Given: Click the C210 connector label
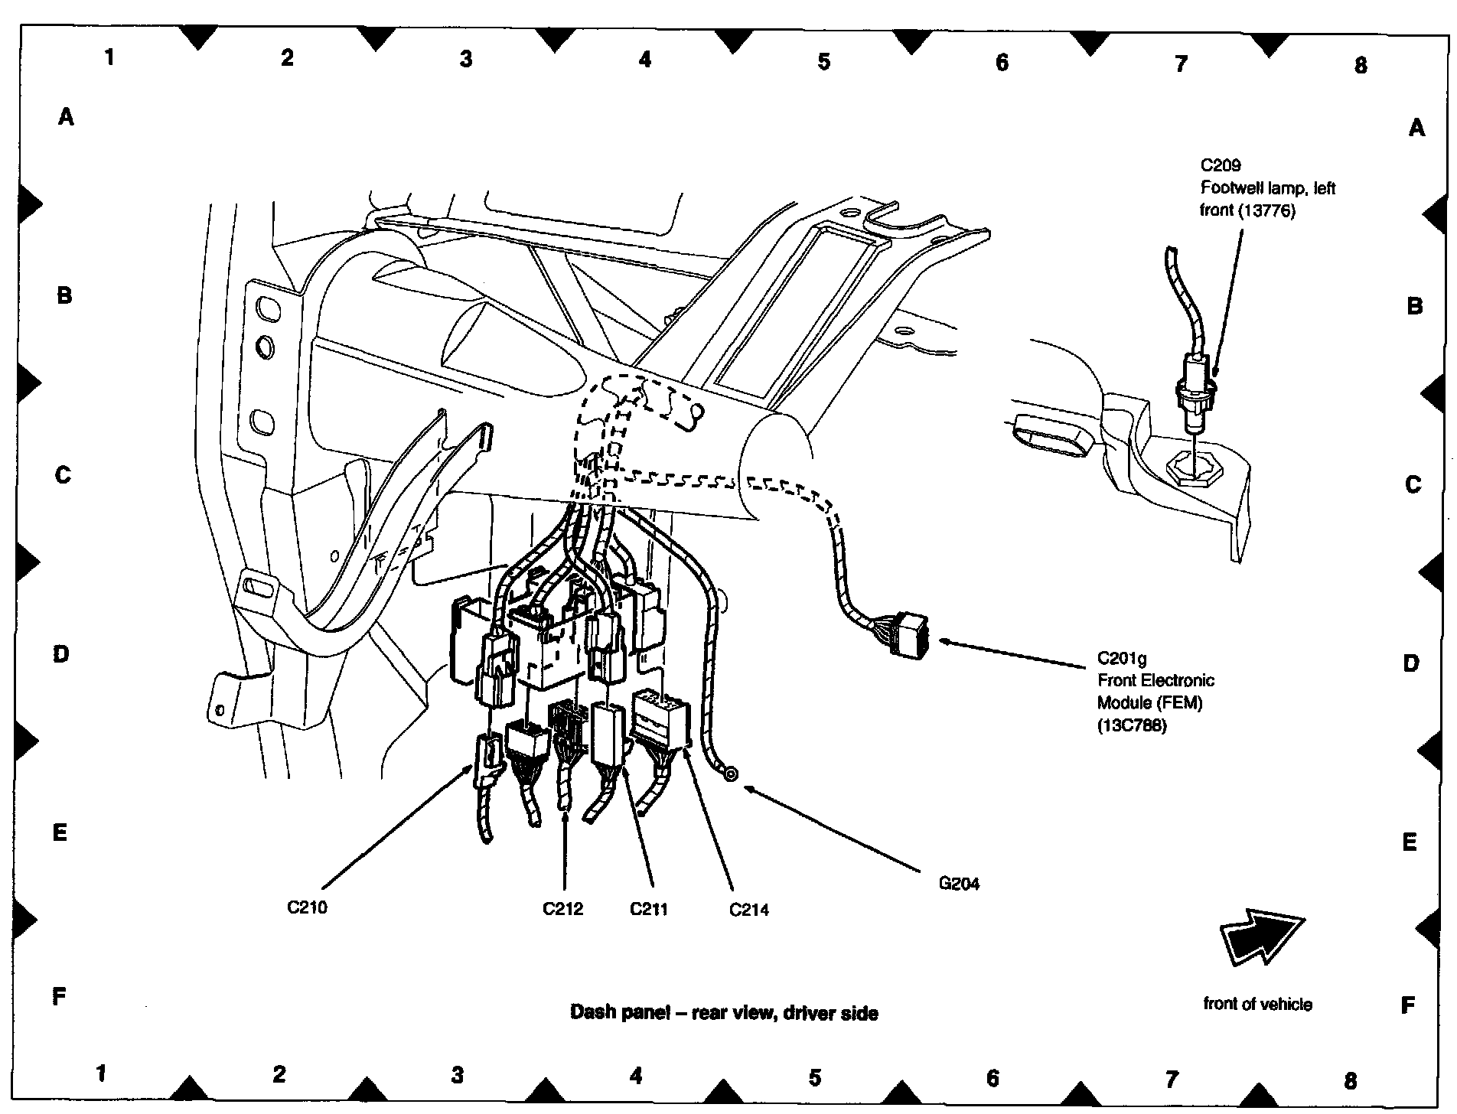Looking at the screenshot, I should tap(307, 907).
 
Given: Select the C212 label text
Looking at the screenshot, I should tap(562, 909).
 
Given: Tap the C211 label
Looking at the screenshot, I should tap(649, 909).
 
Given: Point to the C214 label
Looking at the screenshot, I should tap(748, 910).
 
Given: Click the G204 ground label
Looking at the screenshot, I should tap(959, 884).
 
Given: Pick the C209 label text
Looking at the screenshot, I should tap(1220, 165).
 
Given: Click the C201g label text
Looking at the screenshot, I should tap(1122, 659).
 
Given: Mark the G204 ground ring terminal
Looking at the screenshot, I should tap(731, 775).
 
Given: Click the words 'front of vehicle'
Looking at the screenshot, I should tap(1257, 1004).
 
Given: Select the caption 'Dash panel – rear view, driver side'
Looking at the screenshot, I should tap(724, 1013).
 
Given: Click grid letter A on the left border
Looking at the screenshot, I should tap(67, 116).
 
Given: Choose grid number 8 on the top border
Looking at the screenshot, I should tap(1360, 65).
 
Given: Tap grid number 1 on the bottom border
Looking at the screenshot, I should tap(100, 1073).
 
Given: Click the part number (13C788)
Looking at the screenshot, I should tap(1132, 725).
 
